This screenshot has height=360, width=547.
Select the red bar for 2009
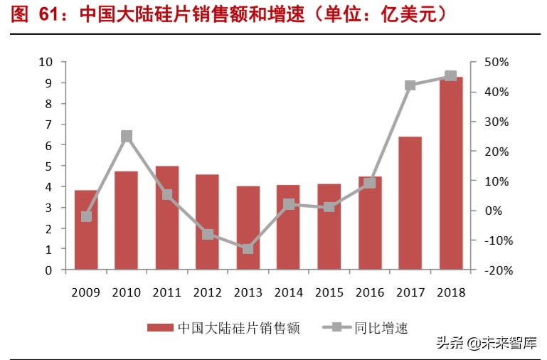coord(86,230)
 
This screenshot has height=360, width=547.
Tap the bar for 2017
coord(410,203)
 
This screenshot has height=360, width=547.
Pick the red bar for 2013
coord(248,228)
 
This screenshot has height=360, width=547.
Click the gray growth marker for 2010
coord(127,137)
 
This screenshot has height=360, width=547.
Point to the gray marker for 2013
coord(248,248)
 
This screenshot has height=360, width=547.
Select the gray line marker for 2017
coord(410,85)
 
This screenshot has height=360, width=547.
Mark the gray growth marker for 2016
coord(370,183)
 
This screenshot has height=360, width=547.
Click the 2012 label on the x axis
coord(208,292)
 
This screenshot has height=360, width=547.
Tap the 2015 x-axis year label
coord(329,292)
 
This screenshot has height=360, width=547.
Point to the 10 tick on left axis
coord(46,62)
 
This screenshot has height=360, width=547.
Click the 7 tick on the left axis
coord(49,125)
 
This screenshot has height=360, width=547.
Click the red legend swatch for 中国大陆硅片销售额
coord(160,327)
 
